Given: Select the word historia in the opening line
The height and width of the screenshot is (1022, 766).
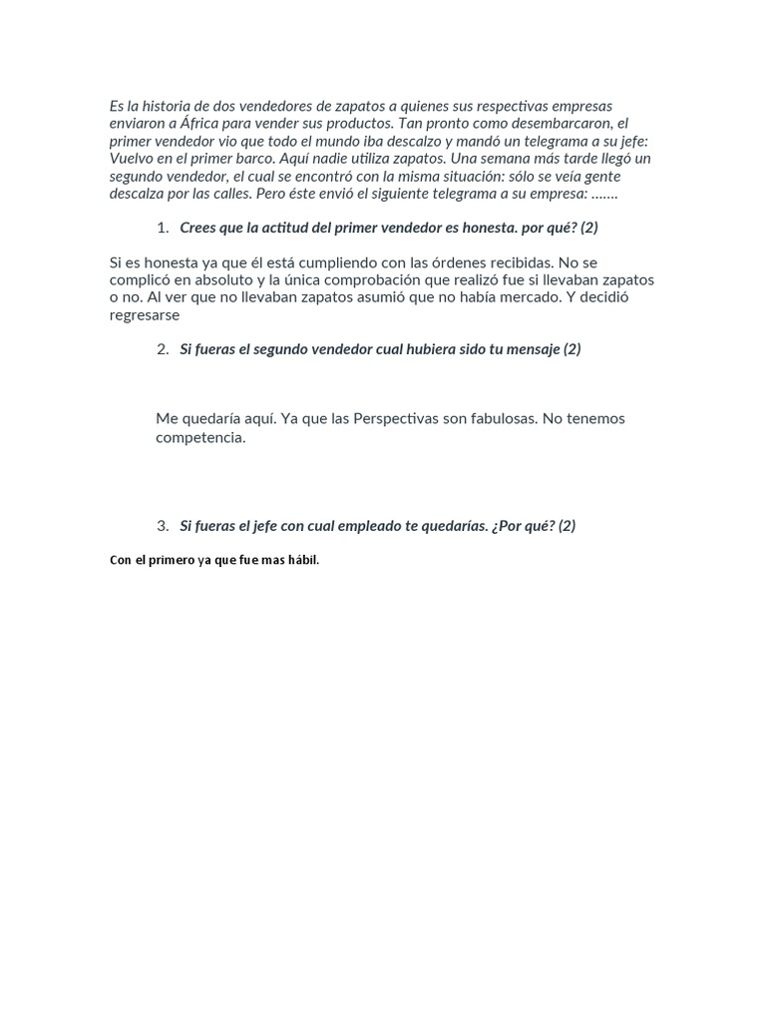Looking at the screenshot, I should [x=164, y=106].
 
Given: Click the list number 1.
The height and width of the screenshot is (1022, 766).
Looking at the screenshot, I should [x=162, y=228].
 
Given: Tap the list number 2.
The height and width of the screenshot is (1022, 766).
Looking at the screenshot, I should [x=162, y=349].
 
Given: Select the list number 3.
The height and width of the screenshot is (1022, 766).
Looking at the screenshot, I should [x=162, y=526].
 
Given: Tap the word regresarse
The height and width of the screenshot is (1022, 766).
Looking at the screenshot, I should [x=145, y=315].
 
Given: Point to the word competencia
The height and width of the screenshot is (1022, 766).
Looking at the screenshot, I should [x=199, y=437].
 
